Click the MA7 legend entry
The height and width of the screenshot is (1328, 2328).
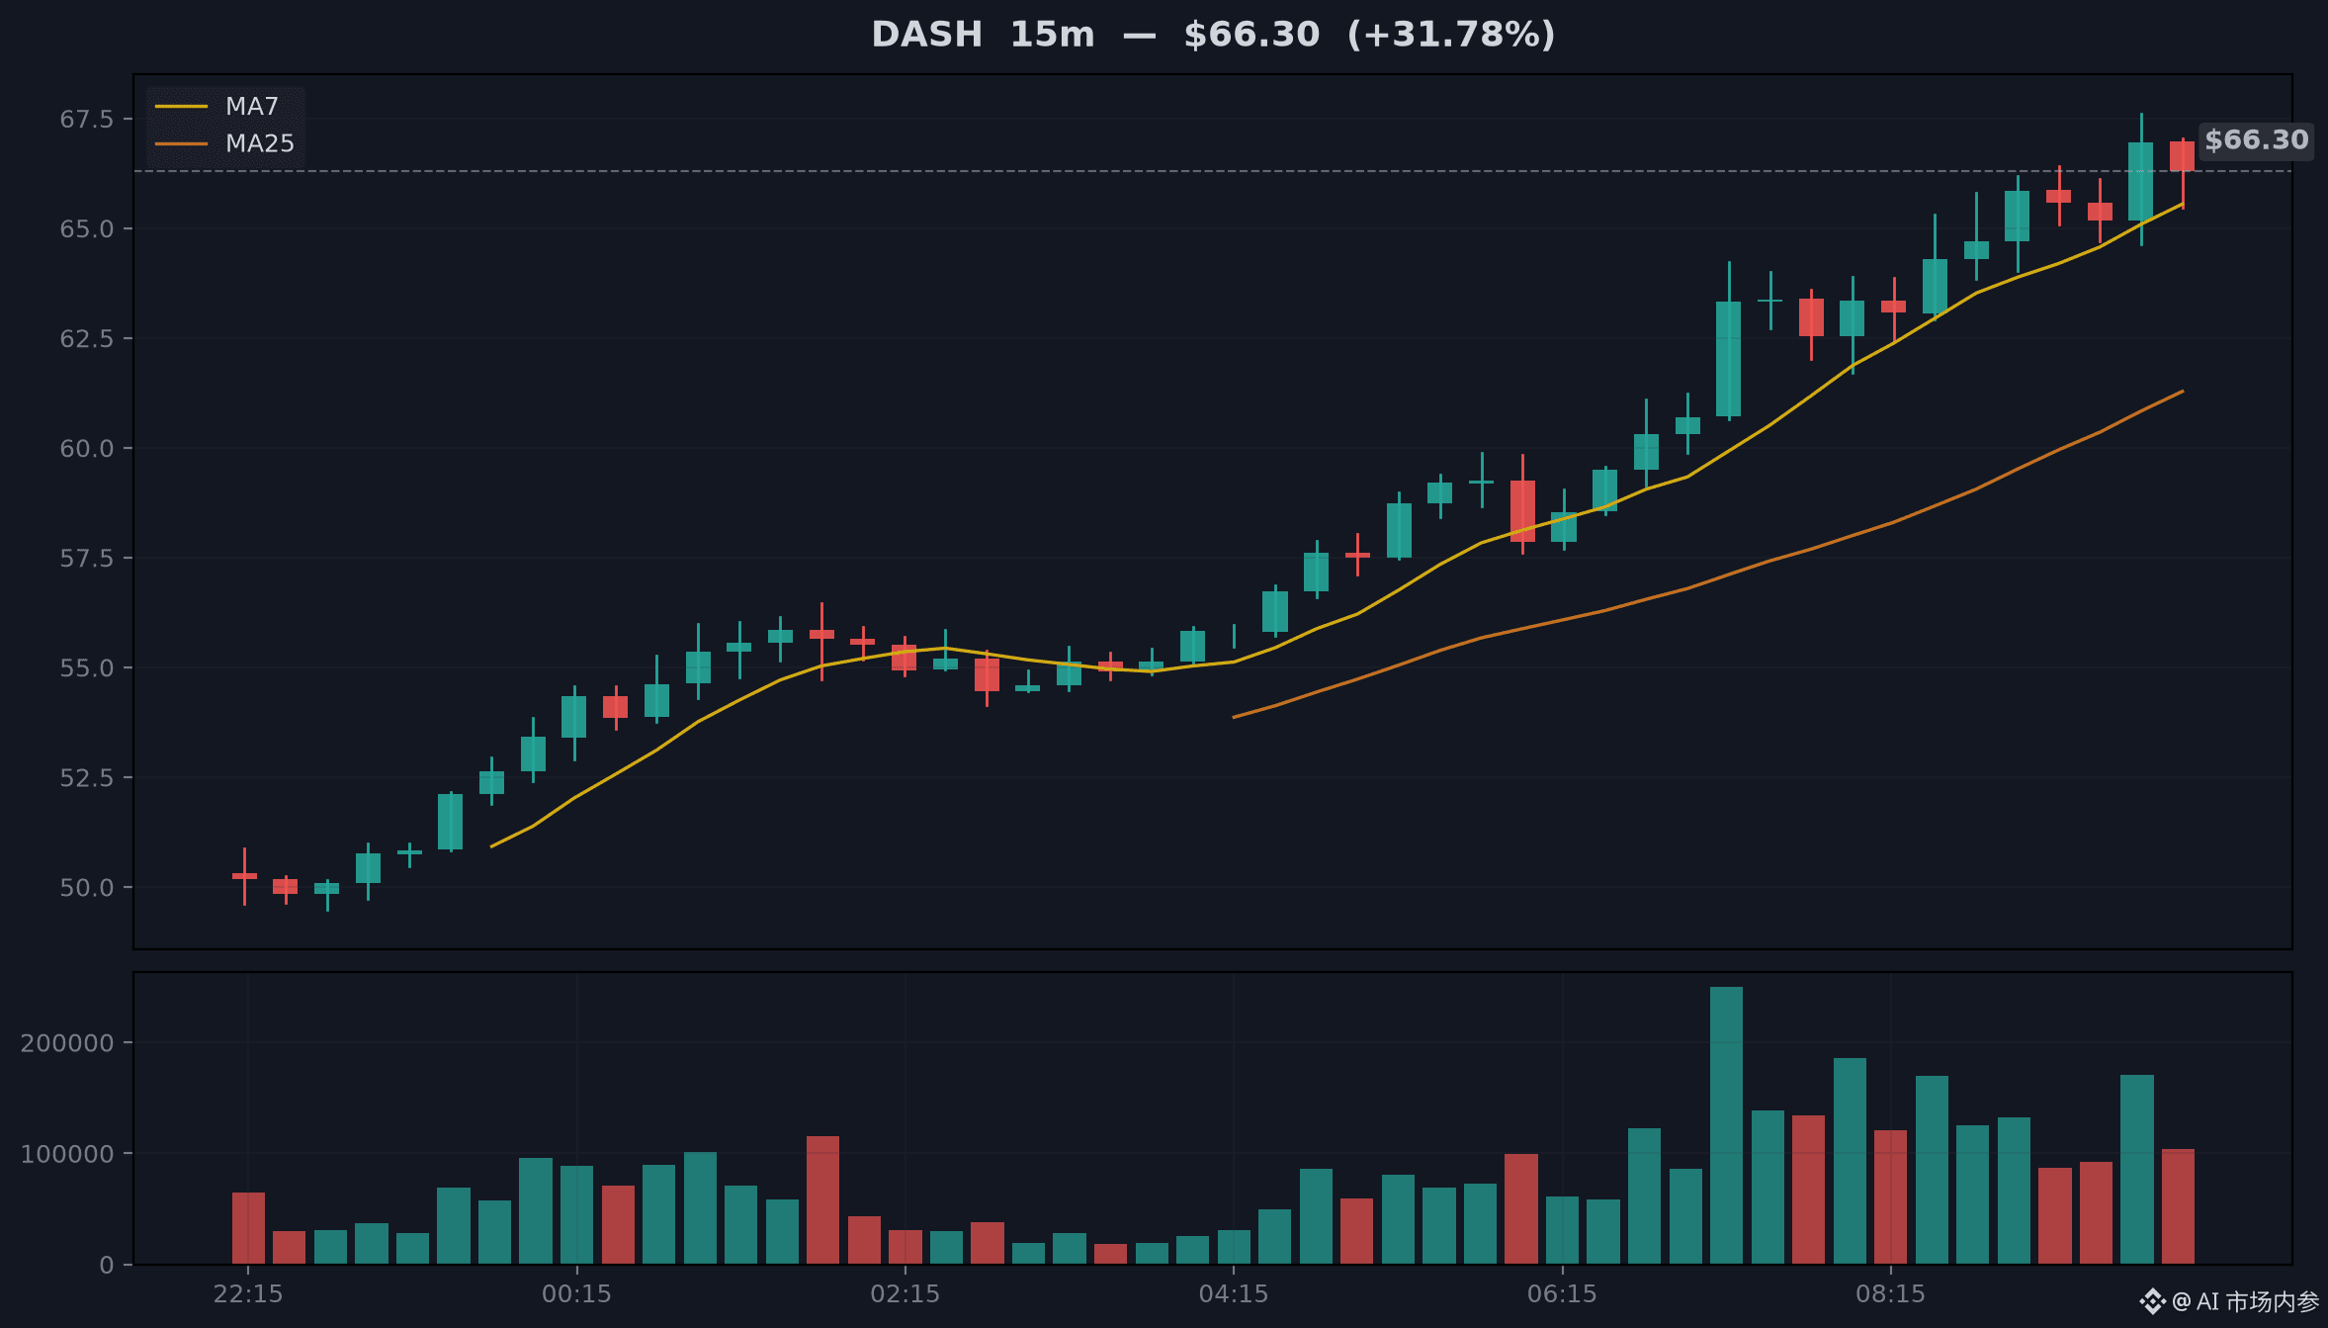217,106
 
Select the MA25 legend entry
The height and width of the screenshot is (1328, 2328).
225,143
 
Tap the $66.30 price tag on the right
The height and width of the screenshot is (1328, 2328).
2256,140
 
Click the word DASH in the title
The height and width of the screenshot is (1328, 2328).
926,35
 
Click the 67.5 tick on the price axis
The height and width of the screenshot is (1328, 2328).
87,120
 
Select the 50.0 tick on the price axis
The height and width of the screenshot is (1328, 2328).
87,888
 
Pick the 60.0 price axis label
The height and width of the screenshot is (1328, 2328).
87,449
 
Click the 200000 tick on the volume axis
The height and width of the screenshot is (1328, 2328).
67,1043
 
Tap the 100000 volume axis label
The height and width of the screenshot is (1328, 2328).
67,1154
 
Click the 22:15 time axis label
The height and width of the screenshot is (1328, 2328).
248,1294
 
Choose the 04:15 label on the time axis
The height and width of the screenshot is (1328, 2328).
1234,1294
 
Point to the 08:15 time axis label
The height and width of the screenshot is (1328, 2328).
1891,1294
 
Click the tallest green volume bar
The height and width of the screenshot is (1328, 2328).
1727,1125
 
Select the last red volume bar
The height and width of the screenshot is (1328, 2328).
2179,1206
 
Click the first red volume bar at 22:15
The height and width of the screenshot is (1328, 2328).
248,1228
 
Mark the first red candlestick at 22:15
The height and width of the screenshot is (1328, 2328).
244,876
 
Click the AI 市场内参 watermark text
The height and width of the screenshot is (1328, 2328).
2257,1301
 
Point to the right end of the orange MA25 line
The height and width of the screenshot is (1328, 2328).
2183,392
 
